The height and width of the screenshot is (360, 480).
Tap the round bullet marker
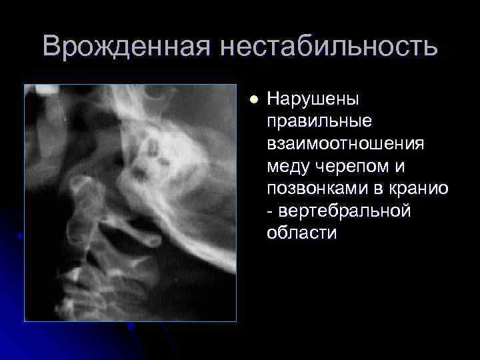point(253,100)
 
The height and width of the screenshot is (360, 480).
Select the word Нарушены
point(313,100)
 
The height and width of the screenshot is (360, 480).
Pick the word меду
point(288,166)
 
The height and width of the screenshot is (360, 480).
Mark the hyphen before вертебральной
point(269,212)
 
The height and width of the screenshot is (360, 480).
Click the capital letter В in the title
point(52,47)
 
